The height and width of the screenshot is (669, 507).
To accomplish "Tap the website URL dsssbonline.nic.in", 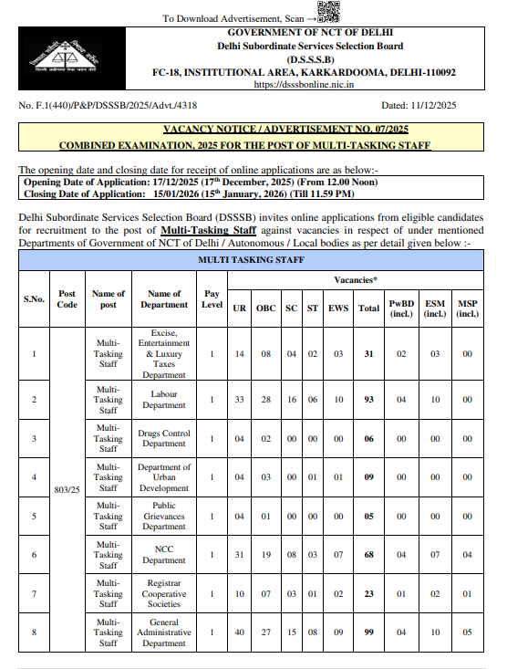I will [304, 84].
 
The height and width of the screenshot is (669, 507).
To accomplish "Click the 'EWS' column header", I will [338, 308].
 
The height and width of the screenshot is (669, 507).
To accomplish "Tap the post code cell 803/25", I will [67, 489].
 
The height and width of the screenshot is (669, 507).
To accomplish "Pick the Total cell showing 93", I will [368, 399].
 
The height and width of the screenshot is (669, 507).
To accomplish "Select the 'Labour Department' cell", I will [164, 399].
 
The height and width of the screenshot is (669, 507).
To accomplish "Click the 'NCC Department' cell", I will [164, 555].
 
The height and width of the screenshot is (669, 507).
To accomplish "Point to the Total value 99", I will [368, 632].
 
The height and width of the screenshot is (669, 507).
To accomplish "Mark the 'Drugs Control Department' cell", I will [164, 438].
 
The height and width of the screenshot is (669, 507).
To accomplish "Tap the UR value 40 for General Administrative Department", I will [240, 632].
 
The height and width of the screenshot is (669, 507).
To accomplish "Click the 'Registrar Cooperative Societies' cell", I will [165, 593].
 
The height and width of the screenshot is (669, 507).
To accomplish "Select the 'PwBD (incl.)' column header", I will [401, 308].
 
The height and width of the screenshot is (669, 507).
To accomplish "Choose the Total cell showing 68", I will [368, 555].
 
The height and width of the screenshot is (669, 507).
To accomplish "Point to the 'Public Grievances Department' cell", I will [164, 516].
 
